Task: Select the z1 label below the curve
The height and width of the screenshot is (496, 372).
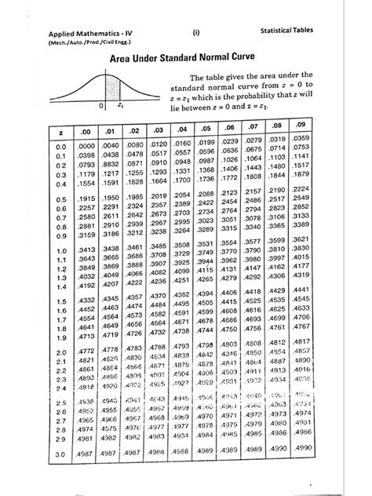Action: point(121,104)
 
